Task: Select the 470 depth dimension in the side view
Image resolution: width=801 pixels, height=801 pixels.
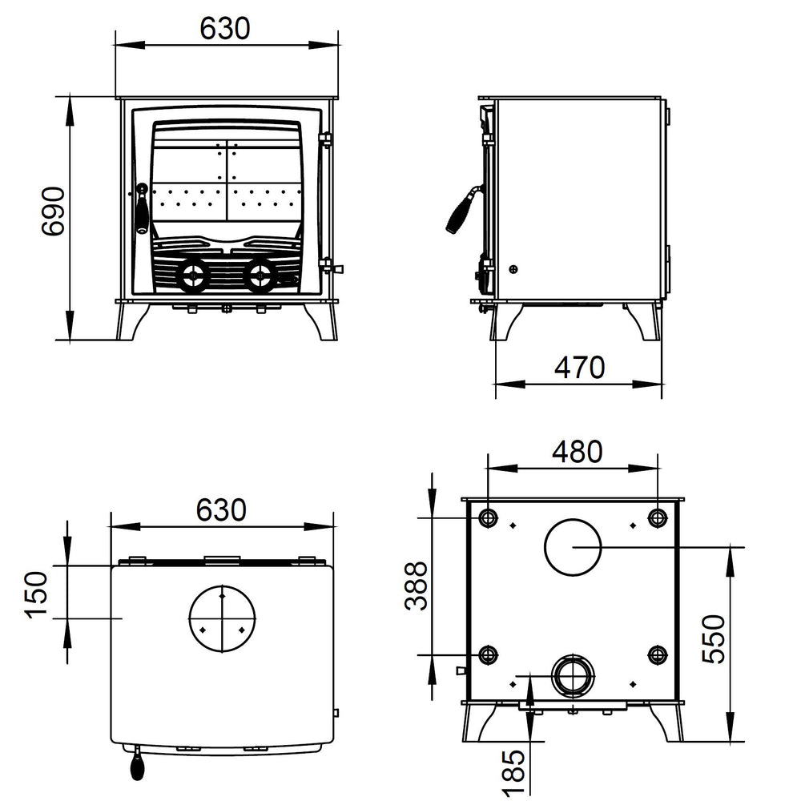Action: (578, 368)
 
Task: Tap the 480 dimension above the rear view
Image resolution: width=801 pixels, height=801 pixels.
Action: (577, 453)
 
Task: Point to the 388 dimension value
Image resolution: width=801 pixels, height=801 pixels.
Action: (417, 586)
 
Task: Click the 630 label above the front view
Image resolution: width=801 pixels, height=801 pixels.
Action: (225, 29)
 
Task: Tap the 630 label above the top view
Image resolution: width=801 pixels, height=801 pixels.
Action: (220, 509)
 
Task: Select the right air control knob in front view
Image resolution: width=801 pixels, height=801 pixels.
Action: (259, 276)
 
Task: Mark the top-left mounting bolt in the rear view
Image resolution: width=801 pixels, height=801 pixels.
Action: (488, 517)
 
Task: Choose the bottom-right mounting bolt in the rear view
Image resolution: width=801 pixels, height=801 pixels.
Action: (658, 656)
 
